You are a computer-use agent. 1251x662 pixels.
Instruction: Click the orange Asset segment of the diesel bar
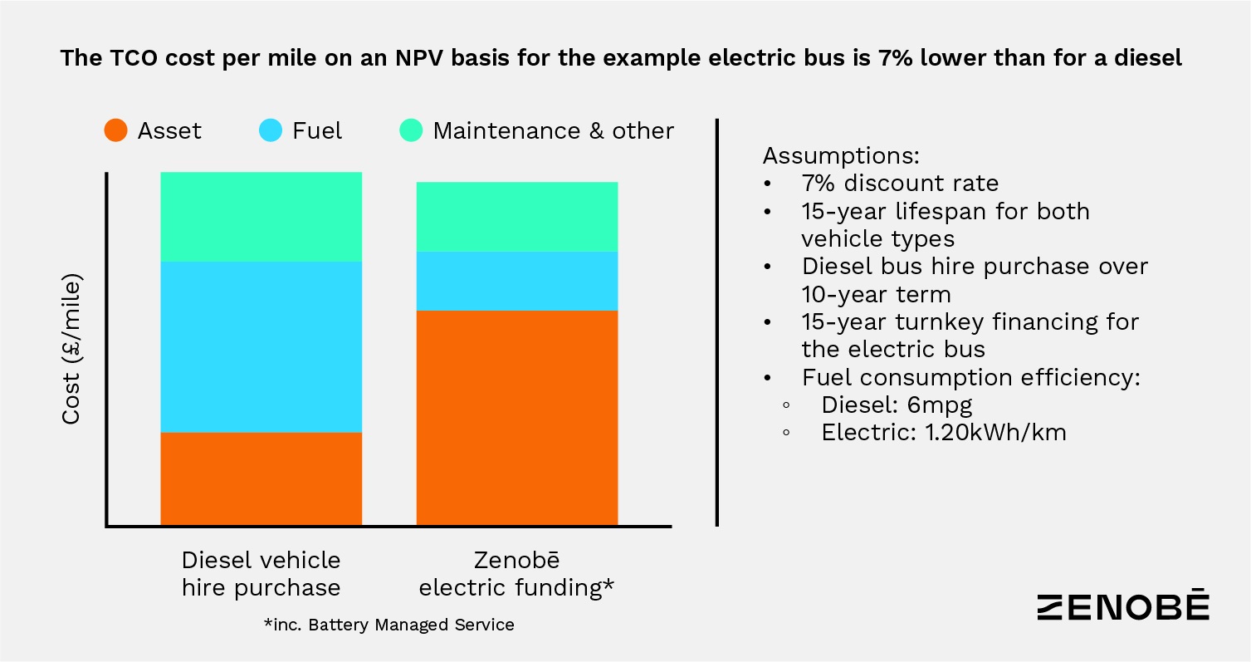[x=261, y=478]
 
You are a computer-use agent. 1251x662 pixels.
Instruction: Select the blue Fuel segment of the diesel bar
[x=261, y=346]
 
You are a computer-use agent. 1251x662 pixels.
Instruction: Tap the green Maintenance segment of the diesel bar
[x=261, y=217]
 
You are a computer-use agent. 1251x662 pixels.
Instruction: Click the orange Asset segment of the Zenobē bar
[x=516, y=417]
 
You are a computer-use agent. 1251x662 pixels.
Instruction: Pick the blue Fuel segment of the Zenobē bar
[x=516, y=281]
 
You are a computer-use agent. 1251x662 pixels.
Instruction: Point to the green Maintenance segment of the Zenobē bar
[x=516, y=216]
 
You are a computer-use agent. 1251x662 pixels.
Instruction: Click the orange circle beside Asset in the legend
[x=116, y=130]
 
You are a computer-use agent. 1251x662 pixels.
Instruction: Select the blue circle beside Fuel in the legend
[x=271, y=130]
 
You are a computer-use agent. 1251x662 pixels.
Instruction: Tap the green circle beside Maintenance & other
[x=412, y=130]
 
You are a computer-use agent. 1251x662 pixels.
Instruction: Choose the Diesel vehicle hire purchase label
[x=261, y=573]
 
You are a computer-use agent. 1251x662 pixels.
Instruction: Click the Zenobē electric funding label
[x=516, y=573]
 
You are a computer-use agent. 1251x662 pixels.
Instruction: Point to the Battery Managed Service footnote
[x=388, y=625]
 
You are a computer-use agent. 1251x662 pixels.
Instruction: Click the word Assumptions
[x=841, y=156]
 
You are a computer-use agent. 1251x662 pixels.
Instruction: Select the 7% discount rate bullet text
[x=900, y=184]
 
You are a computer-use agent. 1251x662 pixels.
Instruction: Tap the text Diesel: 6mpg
[x=897, y=405]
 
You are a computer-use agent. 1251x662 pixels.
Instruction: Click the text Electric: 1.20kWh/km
[x=944, y=433]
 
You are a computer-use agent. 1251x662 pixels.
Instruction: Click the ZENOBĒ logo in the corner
[x=1123, y=606]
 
